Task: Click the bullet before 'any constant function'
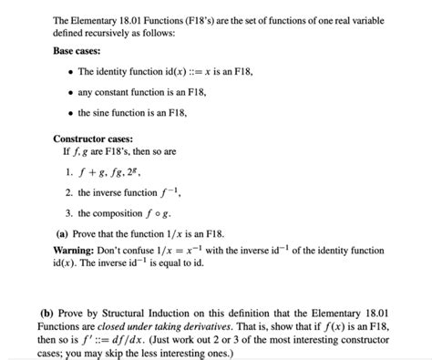coord(70,92)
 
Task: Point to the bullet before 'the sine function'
coord(70,113)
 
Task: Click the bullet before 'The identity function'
coord(70,71)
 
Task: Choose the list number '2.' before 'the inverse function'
coord(68,192)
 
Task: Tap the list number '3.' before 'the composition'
coord(68,213)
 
